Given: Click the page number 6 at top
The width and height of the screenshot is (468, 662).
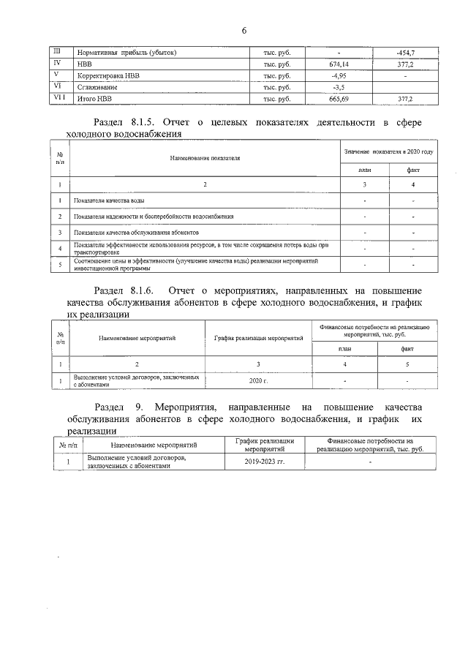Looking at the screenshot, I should tap(244, 30).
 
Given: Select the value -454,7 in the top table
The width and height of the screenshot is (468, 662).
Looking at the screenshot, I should tap(404, 53).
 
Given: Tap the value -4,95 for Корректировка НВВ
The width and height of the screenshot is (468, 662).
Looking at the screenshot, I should tap(339, 75).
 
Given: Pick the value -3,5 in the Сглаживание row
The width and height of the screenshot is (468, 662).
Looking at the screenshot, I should tap(339, 87).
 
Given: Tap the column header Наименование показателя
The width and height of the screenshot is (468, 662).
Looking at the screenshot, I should tap(205, 157).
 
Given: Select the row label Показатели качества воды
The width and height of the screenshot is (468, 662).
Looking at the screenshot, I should tap(109, 200).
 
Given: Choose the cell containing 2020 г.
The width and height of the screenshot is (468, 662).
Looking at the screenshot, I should tap(258, 381).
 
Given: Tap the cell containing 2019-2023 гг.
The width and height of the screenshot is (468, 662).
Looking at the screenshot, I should tap(265, 462).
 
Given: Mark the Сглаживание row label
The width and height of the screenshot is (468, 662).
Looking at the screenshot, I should tap(95, 87).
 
